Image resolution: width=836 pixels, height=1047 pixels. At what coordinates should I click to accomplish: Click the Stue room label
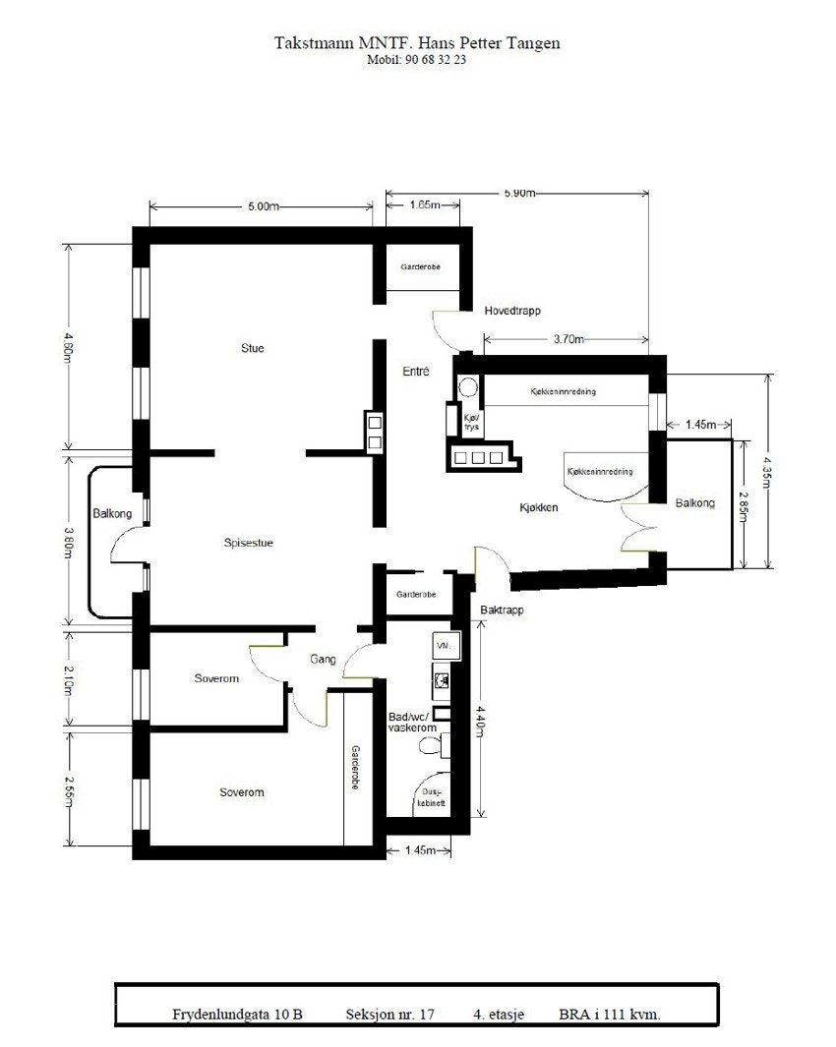click(253, 348)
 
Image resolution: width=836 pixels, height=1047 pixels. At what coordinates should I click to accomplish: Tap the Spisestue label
click(248, 541)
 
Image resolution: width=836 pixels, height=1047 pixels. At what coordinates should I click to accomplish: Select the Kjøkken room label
click(539, 508)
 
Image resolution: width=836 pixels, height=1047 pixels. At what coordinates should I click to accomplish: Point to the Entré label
click(416, 372)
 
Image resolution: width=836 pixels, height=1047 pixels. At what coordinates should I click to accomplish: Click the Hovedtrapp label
click(512, 311)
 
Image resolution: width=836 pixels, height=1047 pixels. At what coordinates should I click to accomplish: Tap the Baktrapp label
click(502, 611)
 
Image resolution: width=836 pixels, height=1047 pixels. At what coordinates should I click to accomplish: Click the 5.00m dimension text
click(264, 206)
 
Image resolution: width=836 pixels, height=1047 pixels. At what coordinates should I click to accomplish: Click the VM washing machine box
click(442, 646)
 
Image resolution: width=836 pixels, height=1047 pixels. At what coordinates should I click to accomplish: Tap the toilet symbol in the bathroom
click(431, 747)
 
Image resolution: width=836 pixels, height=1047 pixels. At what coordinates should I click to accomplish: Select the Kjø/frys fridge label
click(471, 421)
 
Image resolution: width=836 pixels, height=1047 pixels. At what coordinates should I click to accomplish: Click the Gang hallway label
click(324, 659)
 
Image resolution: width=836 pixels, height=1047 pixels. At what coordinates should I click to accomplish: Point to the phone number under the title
click(417, 60)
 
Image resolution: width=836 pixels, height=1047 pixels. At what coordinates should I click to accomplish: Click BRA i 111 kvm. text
click(609, 1013)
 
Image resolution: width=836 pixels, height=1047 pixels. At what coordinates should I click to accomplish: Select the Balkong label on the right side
click(695, 503)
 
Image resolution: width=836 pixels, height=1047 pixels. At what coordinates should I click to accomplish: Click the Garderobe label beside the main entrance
click(420, 267)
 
